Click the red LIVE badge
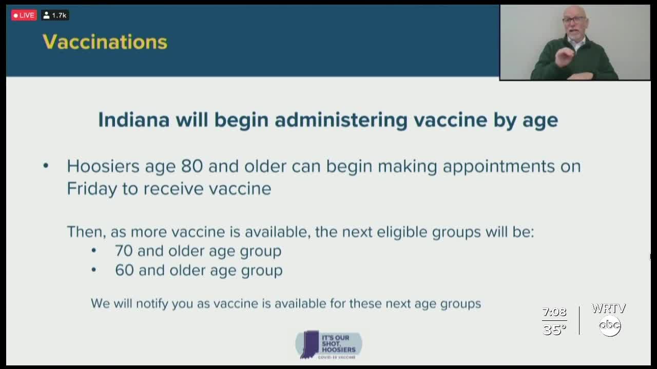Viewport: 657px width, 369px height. (24, 15)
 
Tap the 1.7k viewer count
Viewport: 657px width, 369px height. (55, 15)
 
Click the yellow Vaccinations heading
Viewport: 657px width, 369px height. (105, 42)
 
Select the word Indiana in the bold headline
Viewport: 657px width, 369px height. (134, 120)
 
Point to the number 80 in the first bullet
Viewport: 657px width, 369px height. (192, 166)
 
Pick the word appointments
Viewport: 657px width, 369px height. (498, 167)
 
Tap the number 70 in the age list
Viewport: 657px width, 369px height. (124, 251)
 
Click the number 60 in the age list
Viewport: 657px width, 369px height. (124, 270)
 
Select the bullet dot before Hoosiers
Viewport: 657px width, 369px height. (46, 166)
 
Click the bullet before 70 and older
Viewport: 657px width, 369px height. (93, 251)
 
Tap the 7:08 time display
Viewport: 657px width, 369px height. (554, 312)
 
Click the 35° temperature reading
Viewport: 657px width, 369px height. (554, 330)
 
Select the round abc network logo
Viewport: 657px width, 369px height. (610, 325)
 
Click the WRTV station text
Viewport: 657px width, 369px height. (609, 309)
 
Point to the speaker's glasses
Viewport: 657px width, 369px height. (573, 20)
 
